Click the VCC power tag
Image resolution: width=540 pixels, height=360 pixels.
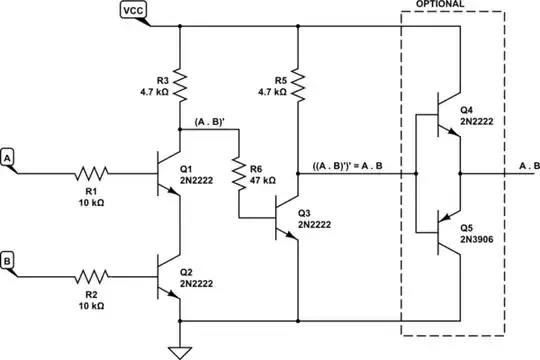(132, 11)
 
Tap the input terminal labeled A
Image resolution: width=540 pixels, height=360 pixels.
(9, 158)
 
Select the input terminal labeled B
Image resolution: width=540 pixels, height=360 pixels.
(9, 262)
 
